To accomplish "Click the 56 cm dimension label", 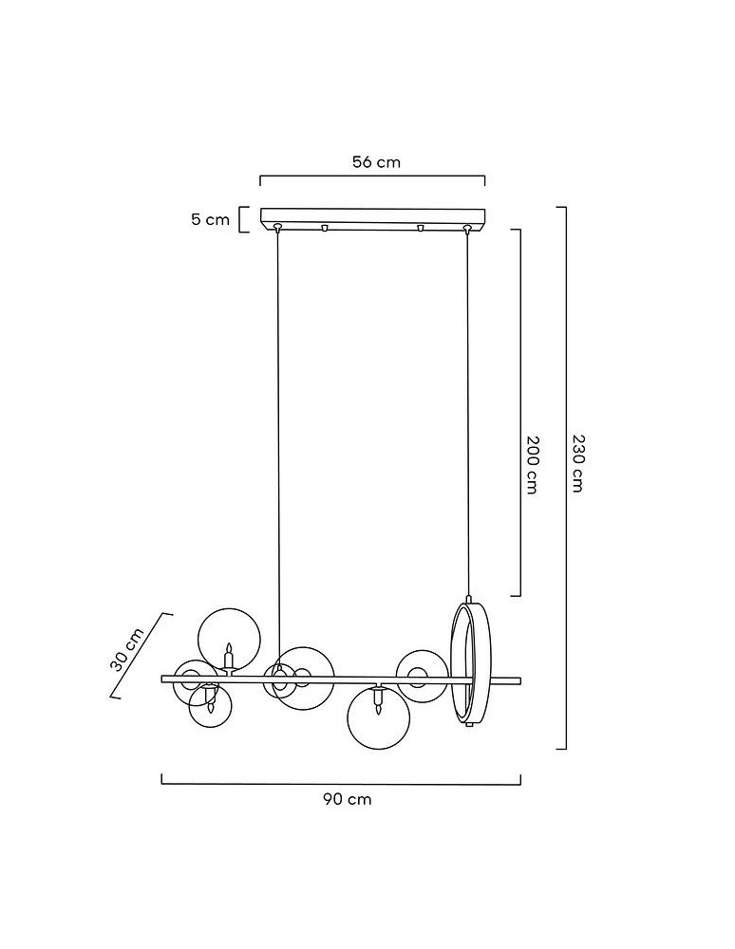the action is coord(376,162).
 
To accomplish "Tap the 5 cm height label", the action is coord(211,219).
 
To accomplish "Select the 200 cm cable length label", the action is coord(532,465).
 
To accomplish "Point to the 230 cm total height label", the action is coord(577,463).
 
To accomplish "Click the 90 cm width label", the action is coord(348,799).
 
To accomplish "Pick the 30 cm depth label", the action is coord(127,649).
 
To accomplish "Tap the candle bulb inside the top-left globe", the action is coord(229,656).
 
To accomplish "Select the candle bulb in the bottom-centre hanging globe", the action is coord(378,702).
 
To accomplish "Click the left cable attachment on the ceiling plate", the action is coord(277,228).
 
